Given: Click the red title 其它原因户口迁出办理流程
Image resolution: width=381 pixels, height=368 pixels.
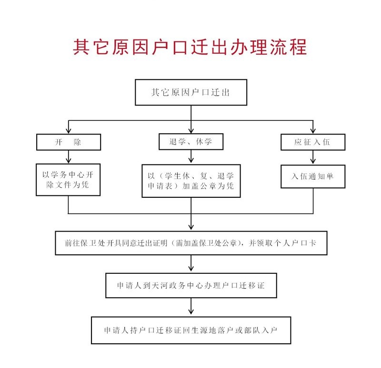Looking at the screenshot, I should tap(190, 48).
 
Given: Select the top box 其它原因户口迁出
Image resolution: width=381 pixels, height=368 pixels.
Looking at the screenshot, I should tap(190, 93).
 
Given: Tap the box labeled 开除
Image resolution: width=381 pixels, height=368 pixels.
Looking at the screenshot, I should tap(69, 142).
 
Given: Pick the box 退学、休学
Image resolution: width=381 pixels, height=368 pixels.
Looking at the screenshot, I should tap(190, 142).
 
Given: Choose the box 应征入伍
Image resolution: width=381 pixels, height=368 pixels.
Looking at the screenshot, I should tap(313, 142).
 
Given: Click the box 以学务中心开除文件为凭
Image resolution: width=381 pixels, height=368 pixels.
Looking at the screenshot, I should tap(69, 180).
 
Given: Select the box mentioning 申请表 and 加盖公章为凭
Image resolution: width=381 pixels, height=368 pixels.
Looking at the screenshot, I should tap(190, 181).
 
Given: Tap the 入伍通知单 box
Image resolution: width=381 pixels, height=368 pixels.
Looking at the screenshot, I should tap(313, 176).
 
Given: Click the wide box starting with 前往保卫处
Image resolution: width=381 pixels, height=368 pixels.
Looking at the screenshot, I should tap(190, 243).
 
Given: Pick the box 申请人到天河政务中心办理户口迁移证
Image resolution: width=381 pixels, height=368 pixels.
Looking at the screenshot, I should tap(190, 286).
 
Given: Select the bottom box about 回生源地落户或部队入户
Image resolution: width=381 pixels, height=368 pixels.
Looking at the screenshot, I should tap(190, 330).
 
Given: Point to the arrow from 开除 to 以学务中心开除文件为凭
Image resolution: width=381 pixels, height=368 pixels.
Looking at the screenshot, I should tap(69, 157).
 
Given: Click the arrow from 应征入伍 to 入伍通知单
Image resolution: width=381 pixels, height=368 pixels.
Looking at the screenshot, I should tap(313, 157).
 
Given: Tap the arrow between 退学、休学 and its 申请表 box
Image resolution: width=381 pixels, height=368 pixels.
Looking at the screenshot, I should tap(190, 157).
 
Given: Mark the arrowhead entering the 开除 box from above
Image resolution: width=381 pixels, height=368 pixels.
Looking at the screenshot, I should tap(69, 130).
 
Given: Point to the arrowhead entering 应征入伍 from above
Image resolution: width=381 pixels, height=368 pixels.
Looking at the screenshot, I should tap(313, 130).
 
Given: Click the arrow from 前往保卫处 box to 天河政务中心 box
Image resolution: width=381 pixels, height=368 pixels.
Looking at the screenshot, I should tap(190, 264).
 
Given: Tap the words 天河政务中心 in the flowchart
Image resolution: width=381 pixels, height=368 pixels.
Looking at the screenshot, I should tap(179, 286).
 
